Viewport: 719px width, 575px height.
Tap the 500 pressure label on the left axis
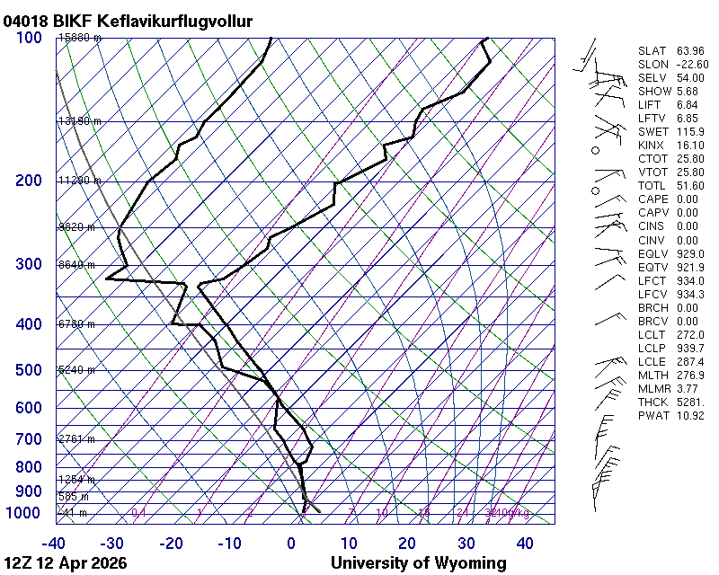click(28, 370)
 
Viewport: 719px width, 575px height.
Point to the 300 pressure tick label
click(28, 264)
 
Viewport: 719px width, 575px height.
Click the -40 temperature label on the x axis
click(53, 543)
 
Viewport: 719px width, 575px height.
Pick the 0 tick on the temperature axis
click(291, 543)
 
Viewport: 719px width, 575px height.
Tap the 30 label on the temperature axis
click(466, 543)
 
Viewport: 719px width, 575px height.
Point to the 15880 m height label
click(80, 38)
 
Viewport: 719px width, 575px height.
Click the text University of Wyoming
click(418, 563)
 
